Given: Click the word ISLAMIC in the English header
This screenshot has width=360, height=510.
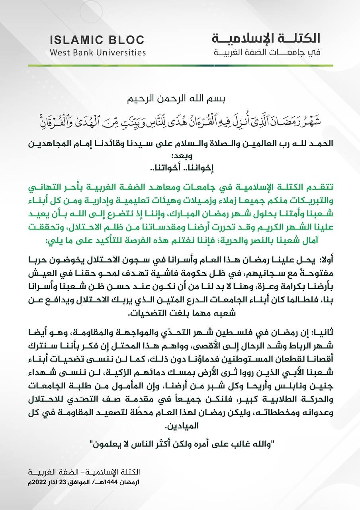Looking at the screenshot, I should point(73,40).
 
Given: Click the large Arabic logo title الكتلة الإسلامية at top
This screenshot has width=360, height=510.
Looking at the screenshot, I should point(266,38).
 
